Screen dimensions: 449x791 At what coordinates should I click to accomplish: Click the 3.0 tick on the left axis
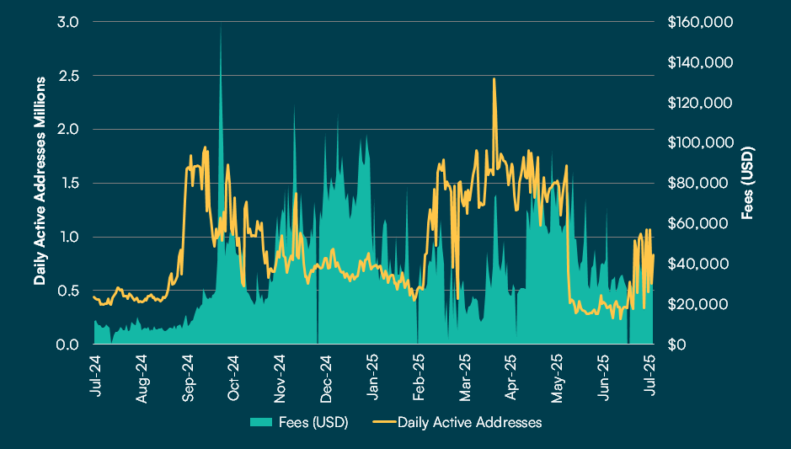click(68, 22)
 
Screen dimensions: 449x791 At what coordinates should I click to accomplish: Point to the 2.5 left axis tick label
click(68, 76)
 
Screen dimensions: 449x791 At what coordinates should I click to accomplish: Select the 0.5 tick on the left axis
click(68, 291)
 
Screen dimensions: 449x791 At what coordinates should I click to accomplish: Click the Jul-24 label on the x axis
click(95, 376)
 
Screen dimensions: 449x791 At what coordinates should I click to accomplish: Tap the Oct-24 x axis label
click(233, 376)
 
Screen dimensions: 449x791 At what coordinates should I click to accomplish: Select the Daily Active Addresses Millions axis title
click(40, 180)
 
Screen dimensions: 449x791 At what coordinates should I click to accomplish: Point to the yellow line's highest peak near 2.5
click(494, 79)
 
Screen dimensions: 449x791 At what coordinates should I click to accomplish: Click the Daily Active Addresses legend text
click(469, 421)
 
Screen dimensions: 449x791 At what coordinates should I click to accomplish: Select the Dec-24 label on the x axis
click(326, 376)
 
